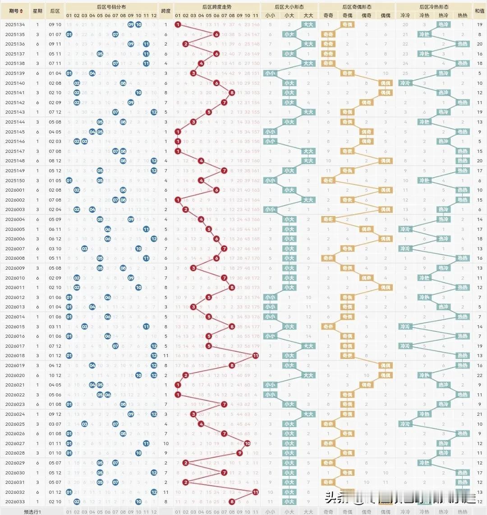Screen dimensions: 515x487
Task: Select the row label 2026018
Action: [15, 355]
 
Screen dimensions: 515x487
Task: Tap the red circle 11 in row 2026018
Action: [256, 355]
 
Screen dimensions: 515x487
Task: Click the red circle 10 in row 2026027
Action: [248, 443]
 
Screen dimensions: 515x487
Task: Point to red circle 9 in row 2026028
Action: [240, 453]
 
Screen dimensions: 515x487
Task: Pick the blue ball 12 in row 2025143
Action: [154, 112]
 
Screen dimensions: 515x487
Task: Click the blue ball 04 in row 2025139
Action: [92, 73]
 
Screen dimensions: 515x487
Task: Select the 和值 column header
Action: [479, 10]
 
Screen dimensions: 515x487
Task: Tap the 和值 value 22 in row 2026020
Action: [479, 375]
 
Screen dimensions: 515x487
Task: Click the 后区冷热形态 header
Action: [434, 7]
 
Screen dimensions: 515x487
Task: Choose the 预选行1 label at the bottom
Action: [32, 511]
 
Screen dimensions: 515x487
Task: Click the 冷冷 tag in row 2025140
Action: [405, 83]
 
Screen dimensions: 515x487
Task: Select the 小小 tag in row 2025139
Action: [270, 73]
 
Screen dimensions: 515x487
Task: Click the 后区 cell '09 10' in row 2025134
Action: [55, 24]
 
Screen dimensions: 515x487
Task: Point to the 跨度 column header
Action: [165, 10]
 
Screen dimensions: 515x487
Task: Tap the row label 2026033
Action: [15, 501]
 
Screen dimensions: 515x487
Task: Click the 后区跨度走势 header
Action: [217, 7]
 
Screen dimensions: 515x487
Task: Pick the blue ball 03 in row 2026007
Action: [84, 248]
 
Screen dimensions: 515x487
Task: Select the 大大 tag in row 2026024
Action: [308, 414]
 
